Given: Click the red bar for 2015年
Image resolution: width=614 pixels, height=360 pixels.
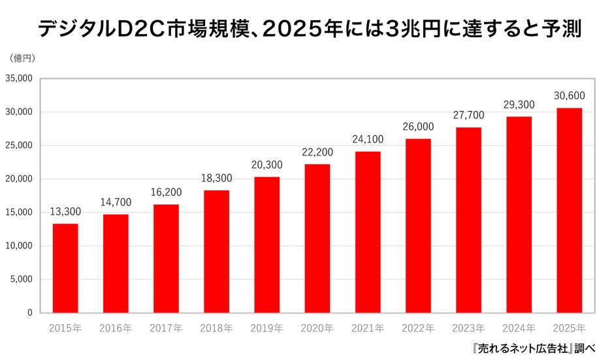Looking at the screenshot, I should pos(65,268).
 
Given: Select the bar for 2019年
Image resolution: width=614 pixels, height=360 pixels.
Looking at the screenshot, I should pos(267,244).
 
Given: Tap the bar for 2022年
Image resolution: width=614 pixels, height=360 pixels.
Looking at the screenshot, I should pos(418,225).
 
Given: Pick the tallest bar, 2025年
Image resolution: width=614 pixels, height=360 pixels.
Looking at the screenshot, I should pos(569,210).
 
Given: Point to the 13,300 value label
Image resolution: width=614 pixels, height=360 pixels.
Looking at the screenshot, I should pos(65,212).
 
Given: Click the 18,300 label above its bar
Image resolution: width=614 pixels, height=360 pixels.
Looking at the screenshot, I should pos(216,178).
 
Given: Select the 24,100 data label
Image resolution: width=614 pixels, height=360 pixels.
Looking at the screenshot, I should pos(368,140).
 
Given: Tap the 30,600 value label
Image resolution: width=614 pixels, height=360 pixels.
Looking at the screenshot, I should pos(569,96).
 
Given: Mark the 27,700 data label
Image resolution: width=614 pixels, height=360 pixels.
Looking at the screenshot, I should pos(468,116).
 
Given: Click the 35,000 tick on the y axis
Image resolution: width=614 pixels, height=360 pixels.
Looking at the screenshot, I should pos(21,78).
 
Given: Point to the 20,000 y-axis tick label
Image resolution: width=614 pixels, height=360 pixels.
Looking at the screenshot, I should pos(21,179).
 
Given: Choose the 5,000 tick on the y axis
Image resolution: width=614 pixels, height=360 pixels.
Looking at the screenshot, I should pos(24,280).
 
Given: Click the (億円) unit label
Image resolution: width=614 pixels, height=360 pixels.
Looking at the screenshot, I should pos(23,57).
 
